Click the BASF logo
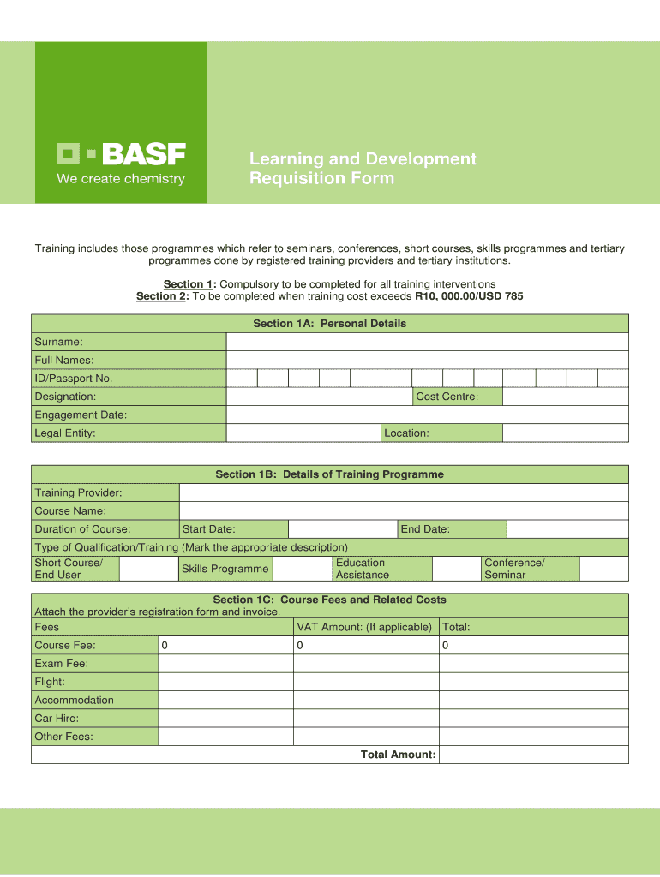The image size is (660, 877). click(x=121, y=154)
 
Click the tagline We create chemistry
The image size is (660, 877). click(x=120, y=179)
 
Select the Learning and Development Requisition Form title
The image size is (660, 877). click(x=362, y=169)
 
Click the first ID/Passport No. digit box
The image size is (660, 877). click(x=242, y=379)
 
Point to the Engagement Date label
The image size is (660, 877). click(x=81, y=415)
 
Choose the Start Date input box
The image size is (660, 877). click(x=343, y=529)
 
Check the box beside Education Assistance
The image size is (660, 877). click(x=456, y=569)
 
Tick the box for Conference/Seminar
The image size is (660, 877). click(x=603, y=569)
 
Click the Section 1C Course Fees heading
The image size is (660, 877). click(x=329, y=600)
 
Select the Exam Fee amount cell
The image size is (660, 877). click(x=225, y=664)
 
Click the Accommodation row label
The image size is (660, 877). click(x=74, y=701)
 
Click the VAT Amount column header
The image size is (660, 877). click(x=364, y=628)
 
